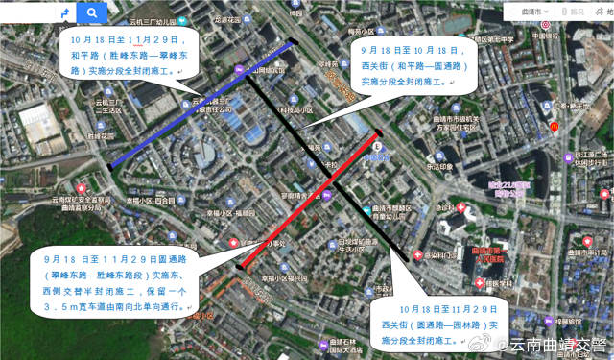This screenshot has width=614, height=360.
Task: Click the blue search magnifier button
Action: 91,12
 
